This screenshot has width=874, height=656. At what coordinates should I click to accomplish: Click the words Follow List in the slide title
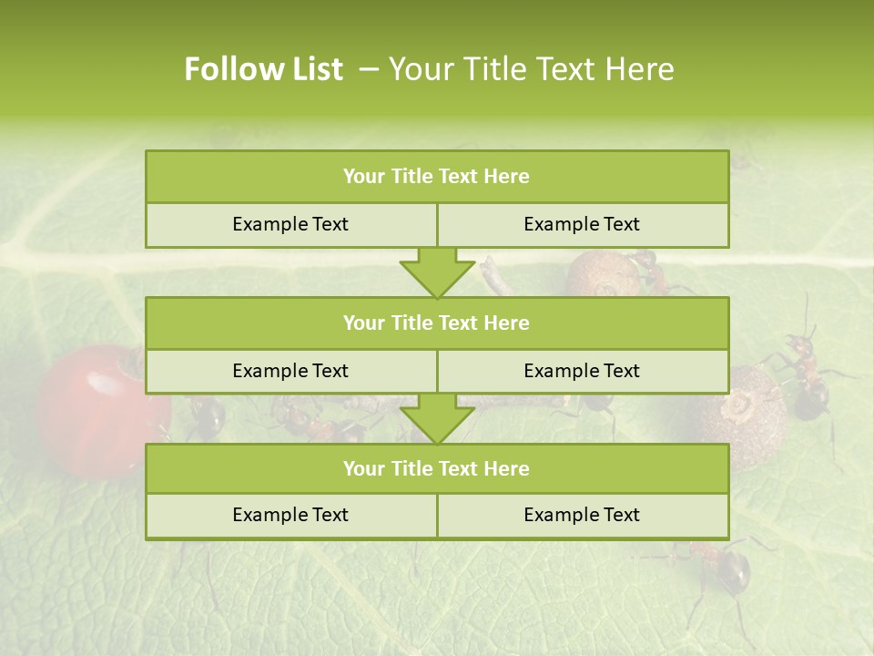(263, 69)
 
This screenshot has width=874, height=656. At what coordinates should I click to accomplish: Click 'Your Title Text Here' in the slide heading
(531, 69)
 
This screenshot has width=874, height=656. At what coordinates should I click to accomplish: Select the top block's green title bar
(437, 177)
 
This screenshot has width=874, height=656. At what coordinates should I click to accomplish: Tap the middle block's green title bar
(437, 323)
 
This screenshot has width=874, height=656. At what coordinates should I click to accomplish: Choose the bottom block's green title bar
(437, 468)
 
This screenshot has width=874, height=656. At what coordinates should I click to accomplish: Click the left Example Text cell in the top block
(290, 224)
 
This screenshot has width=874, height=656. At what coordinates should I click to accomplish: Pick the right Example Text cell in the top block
(582, 224)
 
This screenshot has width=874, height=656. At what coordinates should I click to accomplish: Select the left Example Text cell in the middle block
(290, 371)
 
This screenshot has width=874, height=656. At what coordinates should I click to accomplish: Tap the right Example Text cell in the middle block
(582, 371)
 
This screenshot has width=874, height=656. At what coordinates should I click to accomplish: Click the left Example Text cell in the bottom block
(290, 515)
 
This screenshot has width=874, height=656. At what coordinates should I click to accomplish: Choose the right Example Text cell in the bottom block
(582, 515)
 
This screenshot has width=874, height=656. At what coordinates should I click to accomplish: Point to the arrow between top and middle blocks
(437, 272)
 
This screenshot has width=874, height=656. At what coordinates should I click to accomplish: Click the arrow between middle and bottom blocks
(437, 419)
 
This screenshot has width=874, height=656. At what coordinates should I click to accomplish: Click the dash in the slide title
(370, 69)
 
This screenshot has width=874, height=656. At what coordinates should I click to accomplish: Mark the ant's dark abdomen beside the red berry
(208, 417)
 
